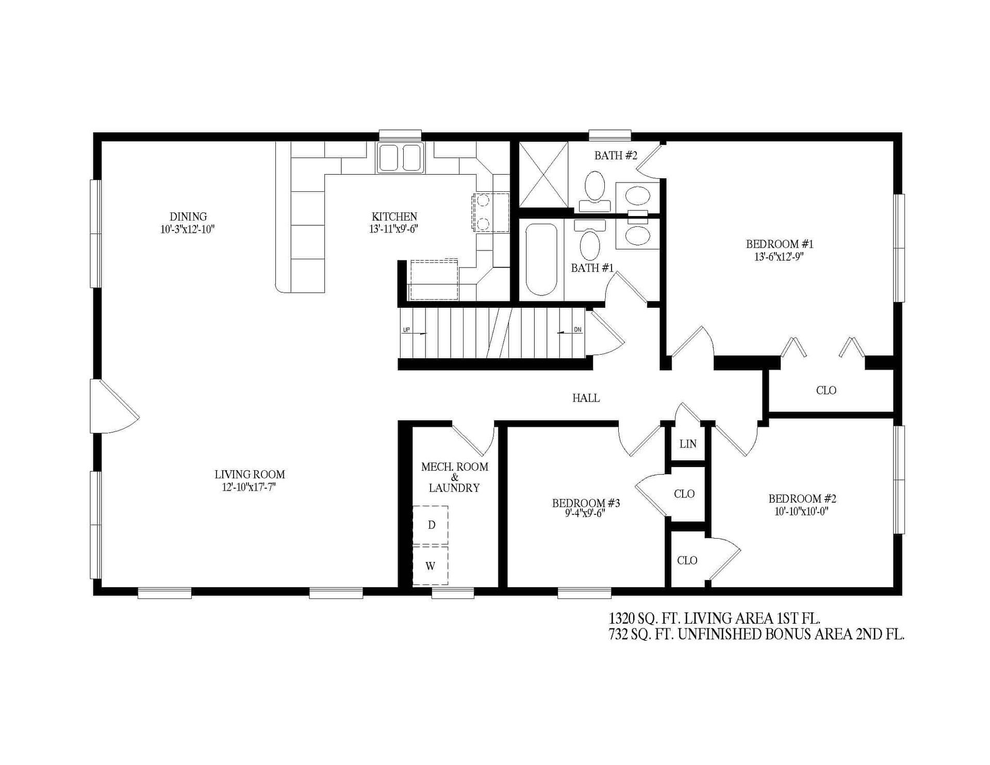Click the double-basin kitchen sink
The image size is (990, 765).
pyautogui.click(x=401, y=157)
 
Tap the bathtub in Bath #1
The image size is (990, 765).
pyautogui.click(x=541, y=259)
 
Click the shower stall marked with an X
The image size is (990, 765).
pyautogui.click(x=543, y=174)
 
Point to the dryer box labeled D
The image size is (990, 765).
pyautogui.click(x=431, y=525)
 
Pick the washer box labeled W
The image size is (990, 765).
pyautogui.click(x=430, y=566)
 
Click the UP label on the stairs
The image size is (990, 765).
pyautogui.click(x=406, y=330)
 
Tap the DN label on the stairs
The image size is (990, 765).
pyautogui.click(x=577, y=330)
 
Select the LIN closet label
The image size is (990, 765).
pyautogui.click(x=688, y=444)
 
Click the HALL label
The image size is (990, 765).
pyautogui.click(x=586, y=398)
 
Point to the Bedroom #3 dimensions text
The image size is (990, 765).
pyautogui.click(x=586, y=513)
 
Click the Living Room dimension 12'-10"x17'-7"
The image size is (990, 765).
pyautogui.click(x=250, y=487)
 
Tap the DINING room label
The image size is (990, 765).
pyautogui.click(x=188, y=217)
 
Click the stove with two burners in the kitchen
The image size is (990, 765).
pyautogui.click(x=490, y=212)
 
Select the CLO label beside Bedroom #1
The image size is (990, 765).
pyautogui.click(x=826, y=390)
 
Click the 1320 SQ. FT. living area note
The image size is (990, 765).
pyautogui.click(x=715, y=618)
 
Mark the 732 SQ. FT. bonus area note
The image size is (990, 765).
pyautogui.click(x=756, y=635)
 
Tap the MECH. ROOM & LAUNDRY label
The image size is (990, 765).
pyautogui.click(x=454, y=477)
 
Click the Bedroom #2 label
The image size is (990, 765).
pyautogui.click(x=802, y=498)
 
